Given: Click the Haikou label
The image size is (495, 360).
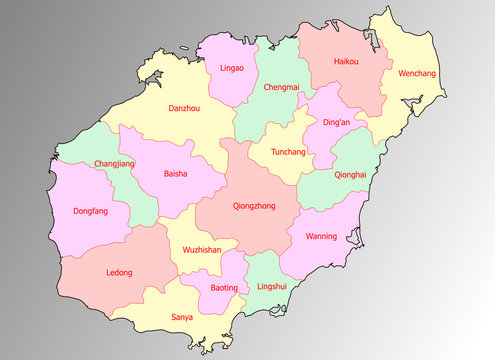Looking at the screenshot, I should [346, 62].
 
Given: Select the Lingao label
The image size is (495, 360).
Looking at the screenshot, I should [231, 69].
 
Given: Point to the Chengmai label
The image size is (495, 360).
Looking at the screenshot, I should [281, 87].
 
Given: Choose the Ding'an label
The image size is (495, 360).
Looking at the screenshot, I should [337, 123].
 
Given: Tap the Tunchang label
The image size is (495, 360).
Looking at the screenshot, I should [288, 153].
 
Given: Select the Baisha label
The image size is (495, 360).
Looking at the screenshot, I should [175, 174].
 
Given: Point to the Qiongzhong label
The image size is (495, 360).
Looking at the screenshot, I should [253, 206].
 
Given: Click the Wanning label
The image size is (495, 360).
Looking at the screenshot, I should [320, 237].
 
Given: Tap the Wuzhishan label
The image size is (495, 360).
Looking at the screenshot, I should [201, 250].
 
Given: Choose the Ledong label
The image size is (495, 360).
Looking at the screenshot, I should [119, 272].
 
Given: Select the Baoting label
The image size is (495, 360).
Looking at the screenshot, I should [225, 288].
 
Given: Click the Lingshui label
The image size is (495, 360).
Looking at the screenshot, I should [272, 287].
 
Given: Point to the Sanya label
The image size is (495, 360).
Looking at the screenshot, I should [182, 317].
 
